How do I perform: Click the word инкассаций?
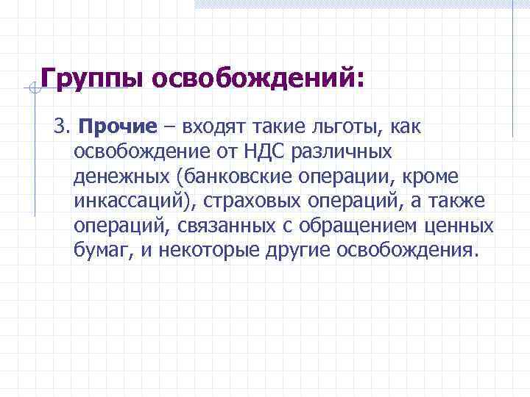tap(126, 201)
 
